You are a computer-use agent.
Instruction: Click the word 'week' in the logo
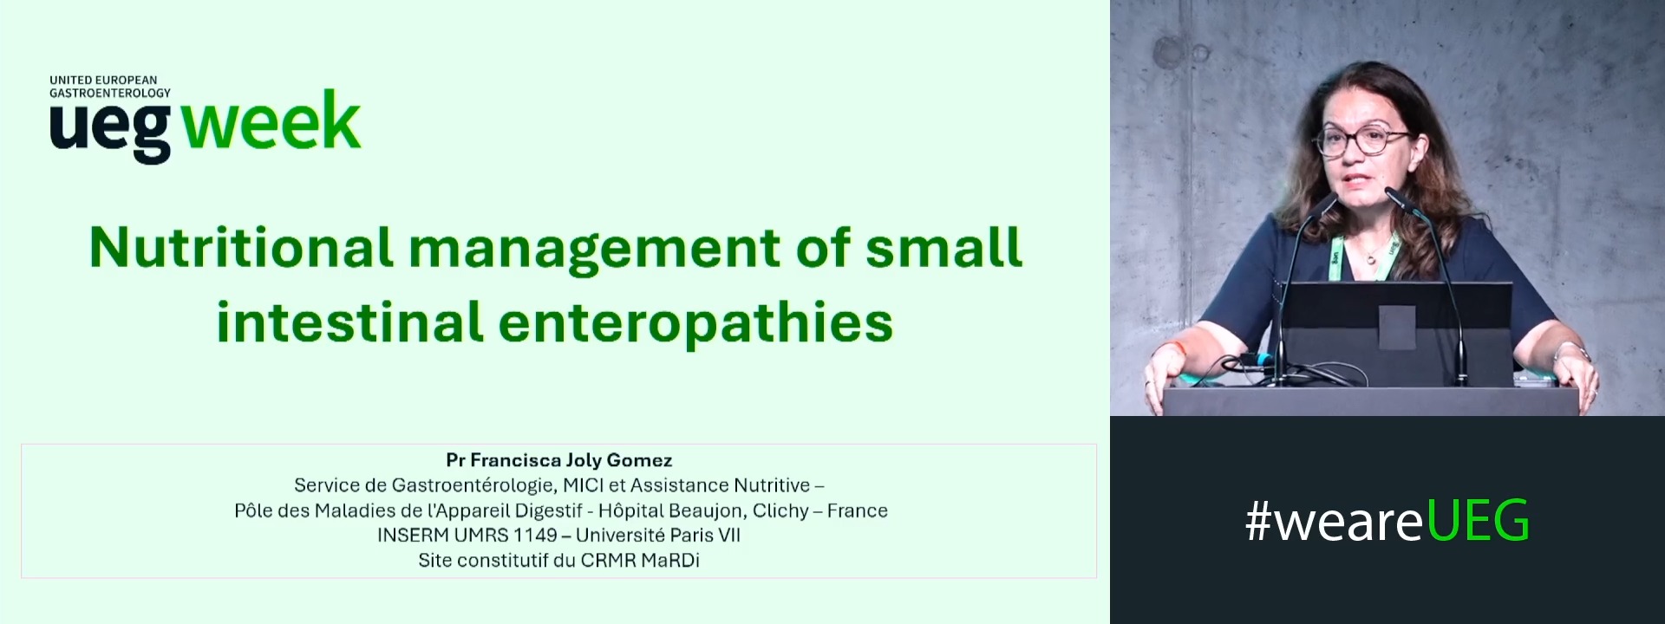(x=271, y=122)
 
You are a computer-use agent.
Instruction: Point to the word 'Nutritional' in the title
(x=241, y=248)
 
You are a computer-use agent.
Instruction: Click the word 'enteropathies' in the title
(x=695, y=323)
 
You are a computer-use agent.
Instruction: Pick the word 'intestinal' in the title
(x=349, y=322)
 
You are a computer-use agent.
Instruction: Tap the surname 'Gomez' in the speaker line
(x=639, y=460)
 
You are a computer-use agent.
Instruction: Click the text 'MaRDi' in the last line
(x=669, y=561)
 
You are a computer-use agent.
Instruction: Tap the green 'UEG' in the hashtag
(x=1478, y=521)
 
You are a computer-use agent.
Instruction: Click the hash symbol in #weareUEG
(x=1258, y=522)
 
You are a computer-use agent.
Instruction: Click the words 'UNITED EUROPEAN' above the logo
(x=103, y=80)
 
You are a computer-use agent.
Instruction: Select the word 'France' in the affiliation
(x=857, y=510)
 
